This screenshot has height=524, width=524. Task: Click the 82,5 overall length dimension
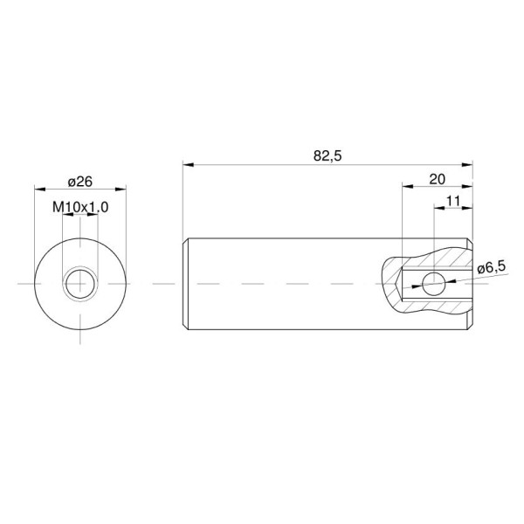(327, 156)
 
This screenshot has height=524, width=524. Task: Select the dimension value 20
(437, 179)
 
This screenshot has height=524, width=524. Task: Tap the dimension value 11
(452, 202)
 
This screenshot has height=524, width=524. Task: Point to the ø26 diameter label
(79, 183)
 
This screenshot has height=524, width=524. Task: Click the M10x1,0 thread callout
(80, 208)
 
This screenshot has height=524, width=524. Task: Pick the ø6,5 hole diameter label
(491, 268)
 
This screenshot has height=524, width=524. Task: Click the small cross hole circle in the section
(433, 284)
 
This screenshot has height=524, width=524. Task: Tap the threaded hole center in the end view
(80, 284)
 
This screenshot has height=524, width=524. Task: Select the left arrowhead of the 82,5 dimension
(188, 165)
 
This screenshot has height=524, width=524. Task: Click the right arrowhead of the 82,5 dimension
(467, 165)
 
